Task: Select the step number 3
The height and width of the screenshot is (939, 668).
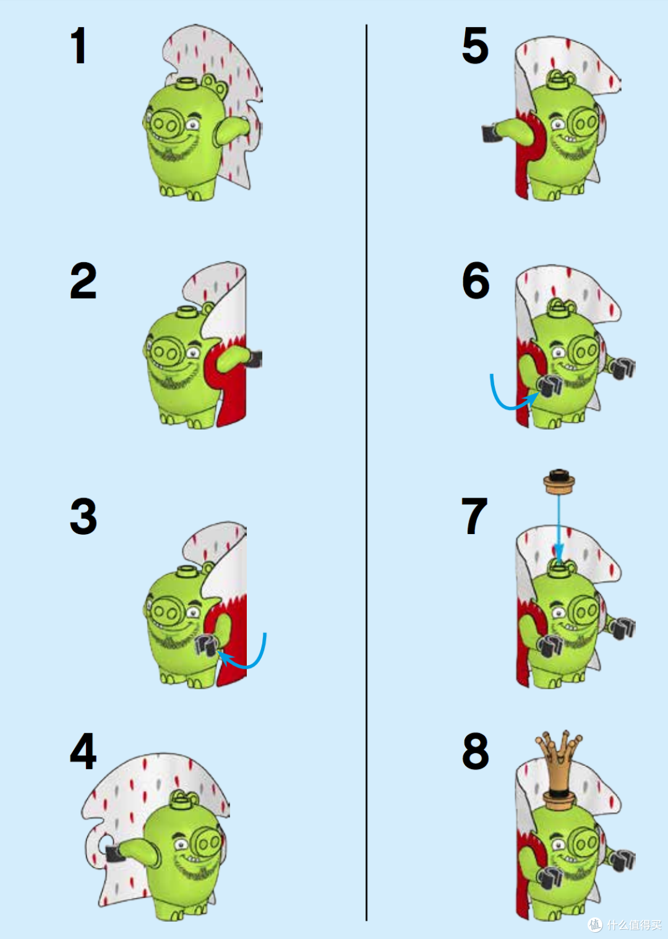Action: (83, 516)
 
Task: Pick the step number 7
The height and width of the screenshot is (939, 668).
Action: (474, 516)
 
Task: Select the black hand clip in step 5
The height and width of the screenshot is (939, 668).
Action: (490, 134)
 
